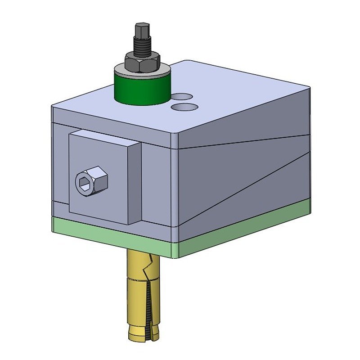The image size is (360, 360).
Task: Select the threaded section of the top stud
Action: (142, 47)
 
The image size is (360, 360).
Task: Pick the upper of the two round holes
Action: (182, 96)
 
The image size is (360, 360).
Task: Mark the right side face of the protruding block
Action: (135, 184)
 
